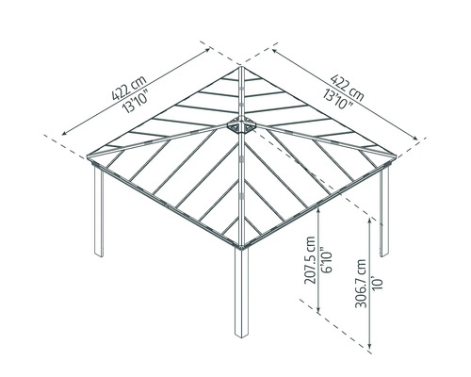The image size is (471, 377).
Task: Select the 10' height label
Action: (377, 280)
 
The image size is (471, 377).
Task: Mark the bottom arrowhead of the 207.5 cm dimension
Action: (321, 313)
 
